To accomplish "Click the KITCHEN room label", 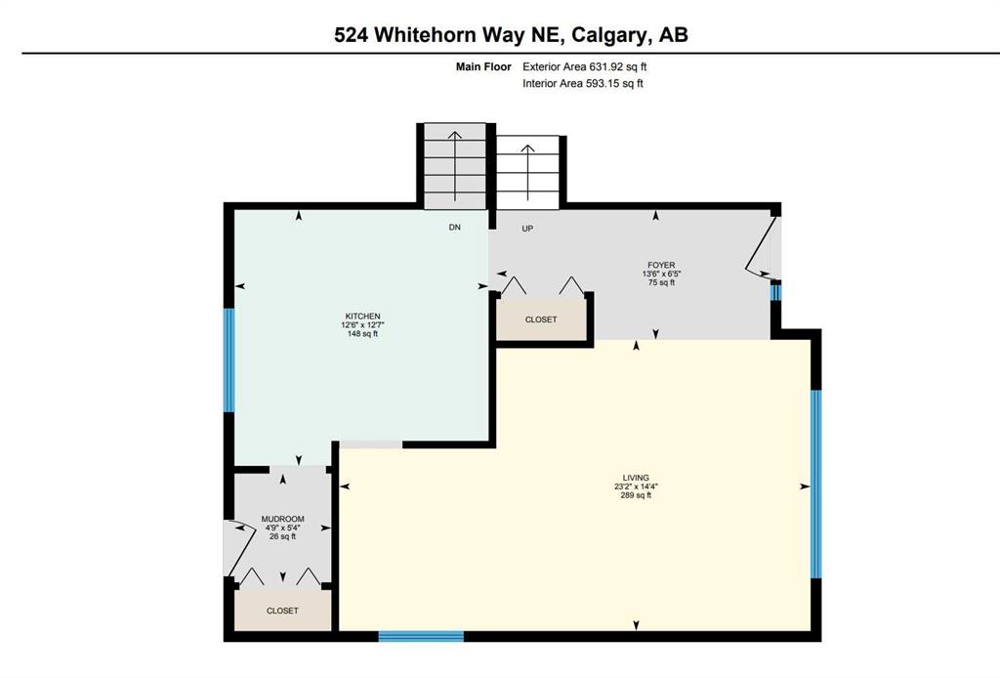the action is point(363,317).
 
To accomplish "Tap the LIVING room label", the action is point(636,478).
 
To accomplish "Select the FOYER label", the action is point(661,266).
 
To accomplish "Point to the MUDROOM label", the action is point(282,519).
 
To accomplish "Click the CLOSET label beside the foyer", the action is point(541,319).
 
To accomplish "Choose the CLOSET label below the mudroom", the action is point(282,611).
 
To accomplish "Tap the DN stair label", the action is point(455,227).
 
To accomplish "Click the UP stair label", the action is point(527,229).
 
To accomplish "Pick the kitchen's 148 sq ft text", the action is point(363,333).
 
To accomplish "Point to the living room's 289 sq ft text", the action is point(636,495).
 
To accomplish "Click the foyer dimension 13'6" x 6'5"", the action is point(661,274).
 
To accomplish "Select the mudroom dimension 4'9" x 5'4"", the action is point(282,528).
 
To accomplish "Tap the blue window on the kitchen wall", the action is point(229,360).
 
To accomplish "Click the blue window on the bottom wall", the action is point(421,636).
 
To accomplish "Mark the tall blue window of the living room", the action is point(815,484).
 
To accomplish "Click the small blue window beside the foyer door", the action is point(775,292).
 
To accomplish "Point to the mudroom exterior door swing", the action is point(239,548).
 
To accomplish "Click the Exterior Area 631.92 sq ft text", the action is point(584,66).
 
